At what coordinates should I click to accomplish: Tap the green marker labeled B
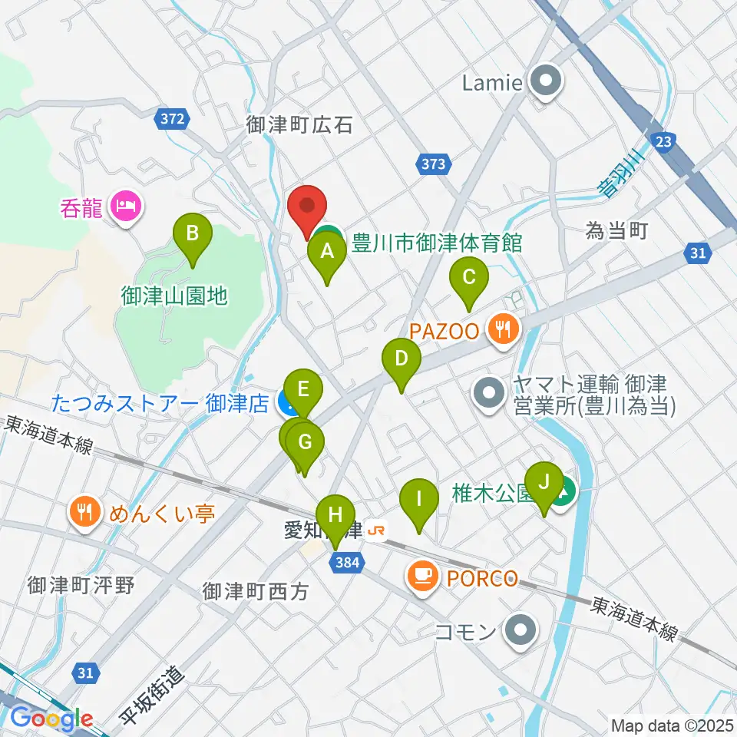point(192,233)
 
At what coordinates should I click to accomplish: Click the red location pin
point(307,207)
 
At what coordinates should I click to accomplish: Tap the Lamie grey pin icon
point(544,82)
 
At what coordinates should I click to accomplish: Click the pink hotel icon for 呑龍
point(124,206)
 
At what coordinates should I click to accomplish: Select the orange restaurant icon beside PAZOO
point(503,331)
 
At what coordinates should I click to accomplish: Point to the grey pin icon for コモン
point(521,631)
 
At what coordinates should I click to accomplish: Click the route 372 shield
point(173,119)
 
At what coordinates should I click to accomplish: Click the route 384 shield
point(346,564)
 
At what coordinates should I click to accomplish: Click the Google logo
point(51,719)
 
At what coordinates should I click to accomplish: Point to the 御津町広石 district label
point(299,125)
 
